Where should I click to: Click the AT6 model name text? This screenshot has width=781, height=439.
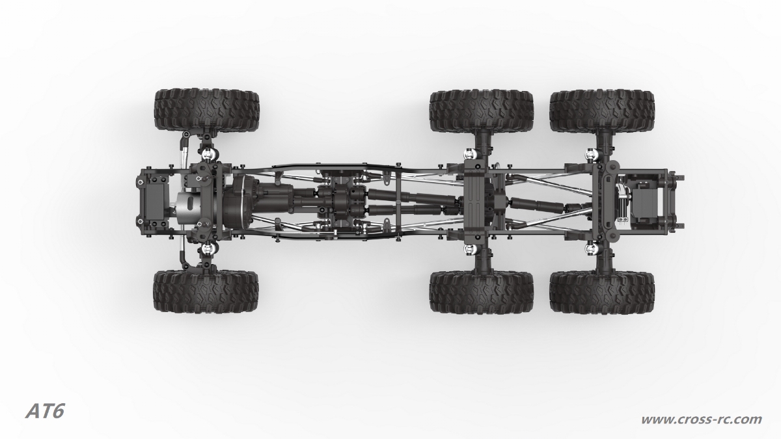(x=45, y=412)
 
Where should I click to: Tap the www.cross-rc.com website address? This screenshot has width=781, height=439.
(x=701, y=419)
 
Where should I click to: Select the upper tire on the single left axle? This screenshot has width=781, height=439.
(x=207, y=110)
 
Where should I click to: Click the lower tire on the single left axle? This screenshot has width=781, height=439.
(x=206, y=291)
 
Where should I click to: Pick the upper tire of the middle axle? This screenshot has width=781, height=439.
(x=482, y=111)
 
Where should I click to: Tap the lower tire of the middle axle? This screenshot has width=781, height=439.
(x=482, y=292)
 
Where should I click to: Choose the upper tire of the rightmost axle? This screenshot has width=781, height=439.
(x=602, y=111)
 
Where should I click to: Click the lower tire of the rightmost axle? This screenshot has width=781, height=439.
(x=602, y=292)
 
